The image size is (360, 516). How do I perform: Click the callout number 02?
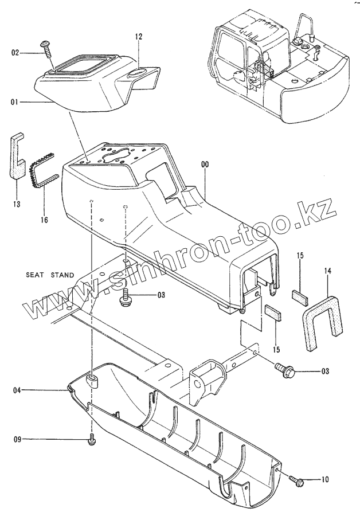click(x=15, y=53)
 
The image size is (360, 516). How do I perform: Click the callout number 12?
click(x=138, y=36)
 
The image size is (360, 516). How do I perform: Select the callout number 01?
click(x=15, y=102)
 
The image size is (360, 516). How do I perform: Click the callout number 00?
click(x=205, y=165)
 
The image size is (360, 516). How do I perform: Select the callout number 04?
click(x=17, y=390)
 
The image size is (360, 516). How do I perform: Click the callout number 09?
click(x=17, y=440)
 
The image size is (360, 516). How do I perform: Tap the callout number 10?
click(x=326, y=479)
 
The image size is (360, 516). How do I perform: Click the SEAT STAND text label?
click(x=50, y=275)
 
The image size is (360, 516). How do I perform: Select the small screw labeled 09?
click(x=92, y=441)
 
